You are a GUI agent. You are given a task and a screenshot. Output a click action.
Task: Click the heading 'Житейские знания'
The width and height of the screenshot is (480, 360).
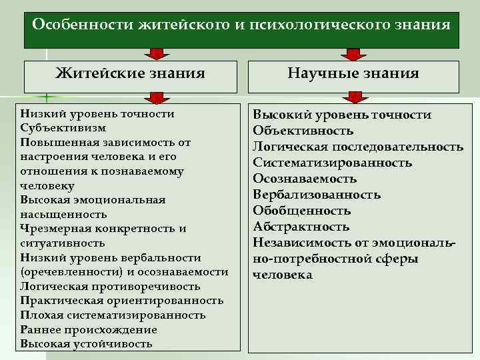point(129,73)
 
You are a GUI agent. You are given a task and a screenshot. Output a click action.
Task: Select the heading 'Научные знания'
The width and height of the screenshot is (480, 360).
point(353,73)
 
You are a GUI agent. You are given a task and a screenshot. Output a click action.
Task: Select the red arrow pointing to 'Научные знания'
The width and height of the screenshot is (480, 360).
point(352,54)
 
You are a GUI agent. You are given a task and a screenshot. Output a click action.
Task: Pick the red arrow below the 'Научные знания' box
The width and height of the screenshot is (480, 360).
point(352,98)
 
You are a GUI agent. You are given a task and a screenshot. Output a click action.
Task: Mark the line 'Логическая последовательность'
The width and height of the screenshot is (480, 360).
point(358,147)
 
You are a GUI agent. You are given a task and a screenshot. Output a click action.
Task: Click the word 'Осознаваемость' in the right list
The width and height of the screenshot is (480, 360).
point(305,179)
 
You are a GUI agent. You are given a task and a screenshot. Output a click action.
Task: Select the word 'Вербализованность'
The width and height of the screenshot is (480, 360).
point(317,195)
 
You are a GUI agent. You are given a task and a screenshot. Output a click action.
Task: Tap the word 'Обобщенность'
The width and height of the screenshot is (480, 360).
point(301,211)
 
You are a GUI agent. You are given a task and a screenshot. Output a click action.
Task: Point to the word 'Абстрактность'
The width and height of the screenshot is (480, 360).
point(301,227)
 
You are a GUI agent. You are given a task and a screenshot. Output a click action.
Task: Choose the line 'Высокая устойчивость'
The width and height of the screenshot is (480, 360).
point(87,344)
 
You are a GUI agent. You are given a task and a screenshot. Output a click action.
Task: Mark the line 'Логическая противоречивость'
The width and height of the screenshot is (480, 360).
point(110,286)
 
